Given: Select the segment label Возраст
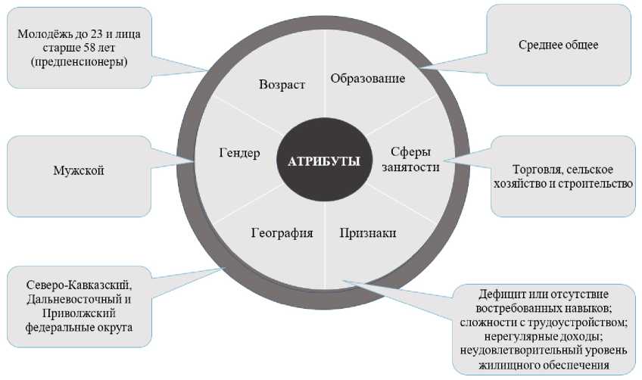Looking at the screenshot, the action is coord(282,85).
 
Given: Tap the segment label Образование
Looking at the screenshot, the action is coord(369,78).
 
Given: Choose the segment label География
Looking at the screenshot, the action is coord(282,232).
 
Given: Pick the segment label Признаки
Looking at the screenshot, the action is coord(369,232).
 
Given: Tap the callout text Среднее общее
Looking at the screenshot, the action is coord(559,45).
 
